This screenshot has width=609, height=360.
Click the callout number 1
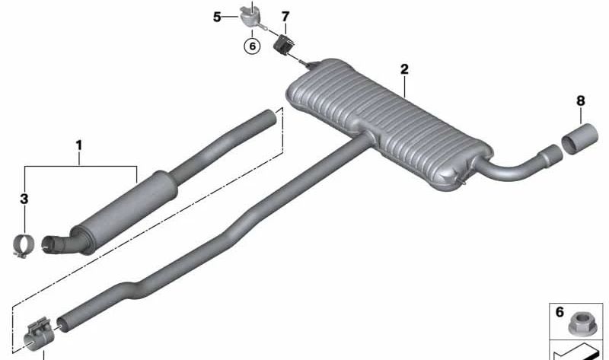click(x=79, y=145)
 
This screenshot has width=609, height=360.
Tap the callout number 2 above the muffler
click(x=404, y=69)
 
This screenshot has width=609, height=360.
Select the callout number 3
click(x=24, y=199)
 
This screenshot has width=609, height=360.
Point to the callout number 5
click(x=217, y=17)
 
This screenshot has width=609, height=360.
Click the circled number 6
click(x=253, y=46)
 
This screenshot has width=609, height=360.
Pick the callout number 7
click(x=285, y=17)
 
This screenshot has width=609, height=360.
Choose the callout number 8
click(x=580, y=101)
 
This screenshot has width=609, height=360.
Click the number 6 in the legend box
click(x=560, y=312)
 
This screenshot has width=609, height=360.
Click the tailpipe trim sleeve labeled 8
click(x=579, y=139)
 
